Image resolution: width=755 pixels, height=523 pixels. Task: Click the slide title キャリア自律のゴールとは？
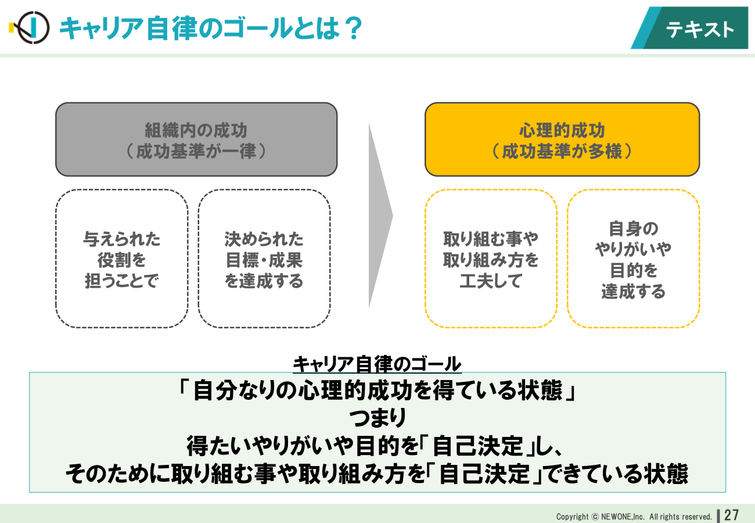[211, 28]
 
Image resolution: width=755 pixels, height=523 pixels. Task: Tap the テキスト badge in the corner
[689, 28]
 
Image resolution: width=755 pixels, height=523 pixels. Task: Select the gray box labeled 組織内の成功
[196, 139]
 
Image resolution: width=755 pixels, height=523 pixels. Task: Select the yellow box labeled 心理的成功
[562, 139]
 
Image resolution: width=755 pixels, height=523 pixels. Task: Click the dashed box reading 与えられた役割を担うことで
[122, 259]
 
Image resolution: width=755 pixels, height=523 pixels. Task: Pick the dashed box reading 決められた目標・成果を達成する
[264, 259]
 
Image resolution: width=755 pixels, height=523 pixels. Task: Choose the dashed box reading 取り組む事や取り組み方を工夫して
[491, 259]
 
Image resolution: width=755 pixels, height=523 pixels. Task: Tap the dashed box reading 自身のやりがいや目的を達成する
[633, 259]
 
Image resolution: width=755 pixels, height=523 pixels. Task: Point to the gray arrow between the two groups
[380, 216]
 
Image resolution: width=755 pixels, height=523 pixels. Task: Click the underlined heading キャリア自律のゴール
[377, 364]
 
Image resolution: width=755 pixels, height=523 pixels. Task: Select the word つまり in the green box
[378, 418]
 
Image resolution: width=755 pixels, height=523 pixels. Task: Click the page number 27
[732, 515]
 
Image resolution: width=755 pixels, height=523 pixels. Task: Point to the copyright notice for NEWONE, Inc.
[634, 517]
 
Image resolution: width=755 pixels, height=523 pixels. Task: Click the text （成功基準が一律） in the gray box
[196, 151]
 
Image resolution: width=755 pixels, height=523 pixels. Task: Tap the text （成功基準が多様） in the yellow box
[562, 151]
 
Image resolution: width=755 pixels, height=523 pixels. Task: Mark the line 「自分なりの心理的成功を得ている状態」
[378, 390]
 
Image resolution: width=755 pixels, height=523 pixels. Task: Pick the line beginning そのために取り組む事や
[377, 474]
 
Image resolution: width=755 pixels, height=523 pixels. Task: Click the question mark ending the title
[354, 28]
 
